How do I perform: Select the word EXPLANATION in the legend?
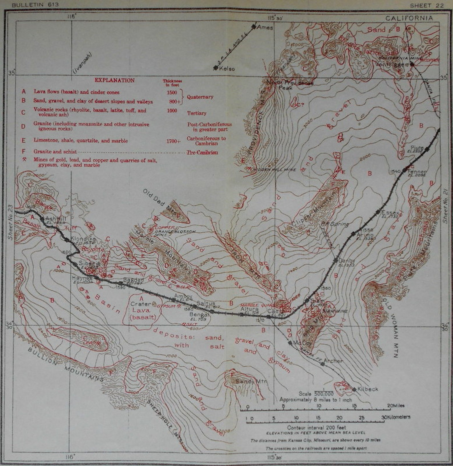click(x=114, y=80)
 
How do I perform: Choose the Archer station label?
click(x=333, y=361)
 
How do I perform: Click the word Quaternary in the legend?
click(x=200, y=97)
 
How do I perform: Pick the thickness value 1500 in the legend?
click(x=172, y=92)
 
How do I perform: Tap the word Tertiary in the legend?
click(x=197, y=113)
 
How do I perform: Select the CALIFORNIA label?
click(x=409, y=18)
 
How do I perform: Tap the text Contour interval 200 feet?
click(x=316, y=427)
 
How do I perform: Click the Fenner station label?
click(x=417, y=172)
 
